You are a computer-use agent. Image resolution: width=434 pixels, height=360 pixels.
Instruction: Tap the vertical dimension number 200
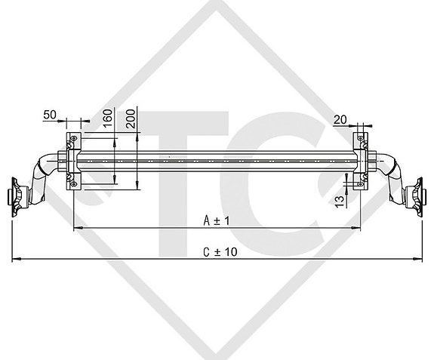coord(132,118)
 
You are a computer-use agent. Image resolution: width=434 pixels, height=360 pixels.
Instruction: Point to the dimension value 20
coord(340,118)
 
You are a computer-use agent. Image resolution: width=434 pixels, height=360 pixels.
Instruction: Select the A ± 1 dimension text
coord(216,220)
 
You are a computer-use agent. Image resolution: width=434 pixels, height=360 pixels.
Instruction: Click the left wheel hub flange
coord(16,198)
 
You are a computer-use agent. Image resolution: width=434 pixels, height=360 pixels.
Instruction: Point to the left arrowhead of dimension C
coord(15,259)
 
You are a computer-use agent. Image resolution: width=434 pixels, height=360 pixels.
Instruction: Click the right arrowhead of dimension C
coord(419,259)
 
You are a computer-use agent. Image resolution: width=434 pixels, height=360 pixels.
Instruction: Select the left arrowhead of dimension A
coord(76,227)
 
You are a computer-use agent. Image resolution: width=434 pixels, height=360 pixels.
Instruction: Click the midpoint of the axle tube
coord(217,161)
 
